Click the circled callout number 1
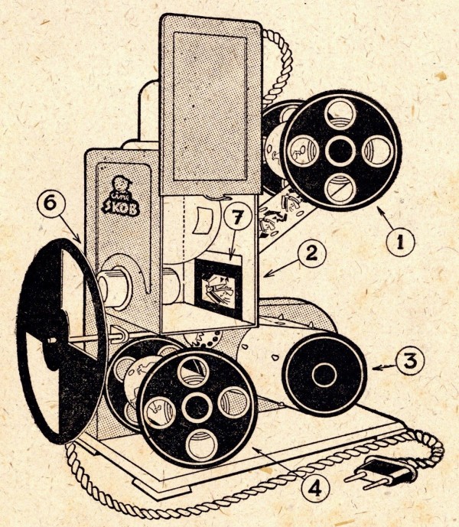pyautogui.click(x=400, y=244)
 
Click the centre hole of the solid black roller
pyautogui.click(x=324, y=375)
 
